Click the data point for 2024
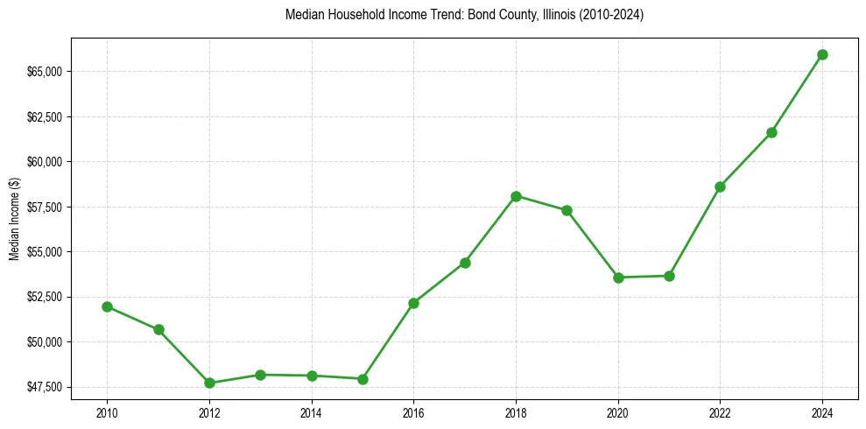(x=822, y=54)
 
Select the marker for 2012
(x=209, y=383)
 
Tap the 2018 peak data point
(x=516, y=196)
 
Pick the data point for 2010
(x=107, y=306)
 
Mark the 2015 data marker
(x=363, y=379)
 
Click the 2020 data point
(x=618, y=278)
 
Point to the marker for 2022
(x=720, y=186)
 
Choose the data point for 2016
(x=413, y=303)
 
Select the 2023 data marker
(x=771, y=132)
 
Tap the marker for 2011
(x=158, y=329)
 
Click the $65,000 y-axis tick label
(x=45, y=72)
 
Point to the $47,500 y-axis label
(x=45, y=387)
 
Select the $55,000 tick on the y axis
(x=45, y=252)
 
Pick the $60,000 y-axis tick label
(x=45, y=162)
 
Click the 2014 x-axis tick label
(x=311, y=412)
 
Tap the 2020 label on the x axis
(x=618, y=412)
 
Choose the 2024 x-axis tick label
(x=822, y=412)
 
